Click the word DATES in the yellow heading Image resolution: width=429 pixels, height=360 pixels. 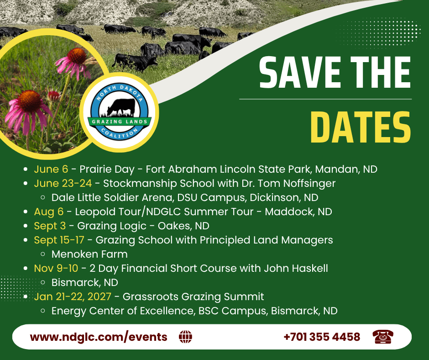[361, 127]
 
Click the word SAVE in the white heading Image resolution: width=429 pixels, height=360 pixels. [300, 72]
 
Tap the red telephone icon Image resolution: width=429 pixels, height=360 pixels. [383, 337]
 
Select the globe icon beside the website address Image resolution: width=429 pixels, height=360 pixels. [185, 337]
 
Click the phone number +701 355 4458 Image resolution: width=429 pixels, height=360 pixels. [322, 337]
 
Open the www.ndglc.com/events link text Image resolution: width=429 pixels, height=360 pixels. [99, 337]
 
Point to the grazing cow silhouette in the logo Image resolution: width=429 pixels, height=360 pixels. [121, 107]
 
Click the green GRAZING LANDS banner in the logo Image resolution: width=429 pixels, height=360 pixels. [120, 122]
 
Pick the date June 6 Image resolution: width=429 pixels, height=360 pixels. [51, 169]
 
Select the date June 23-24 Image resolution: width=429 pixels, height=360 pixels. [63, 183]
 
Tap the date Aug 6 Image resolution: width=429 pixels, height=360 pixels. [49, 212]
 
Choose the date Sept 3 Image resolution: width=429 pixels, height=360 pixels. [50, 226]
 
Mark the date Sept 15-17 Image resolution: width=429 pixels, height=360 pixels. [59, 240]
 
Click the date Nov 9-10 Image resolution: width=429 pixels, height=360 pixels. [56, 268]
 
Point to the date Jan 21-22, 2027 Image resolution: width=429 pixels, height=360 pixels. [73, 296]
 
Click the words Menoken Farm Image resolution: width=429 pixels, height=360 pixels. [89, 254]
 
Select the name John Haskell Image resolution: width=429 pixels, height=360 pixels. [296, 268]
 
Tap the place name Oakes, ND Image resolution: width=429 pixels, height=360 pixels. [183, 226]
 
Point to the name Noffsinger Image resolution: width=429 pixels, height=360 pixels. [309, 183]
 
